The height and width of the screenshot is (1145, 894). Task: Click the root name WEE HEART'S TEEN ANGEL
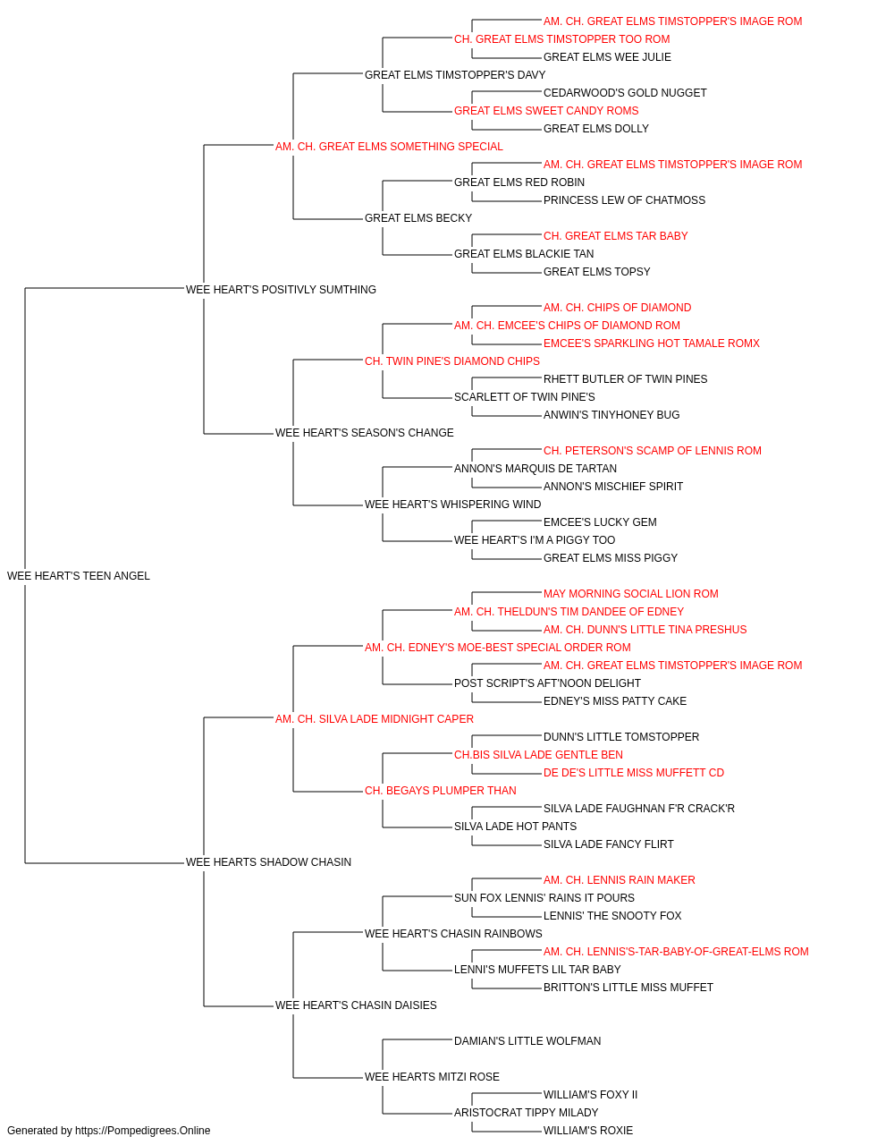(79, 576)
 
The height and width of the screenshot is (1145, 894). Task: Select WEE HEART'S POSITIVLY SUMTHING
(281, 290)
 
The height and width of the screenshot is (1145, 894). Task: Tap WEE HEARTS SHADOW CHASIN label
(268, 862)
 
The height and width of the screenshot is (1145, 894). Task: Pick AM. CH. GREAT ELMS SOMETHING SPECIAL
(389, 147)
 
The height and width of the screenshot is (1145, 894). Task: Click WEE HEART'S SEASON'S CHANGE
(365, 433)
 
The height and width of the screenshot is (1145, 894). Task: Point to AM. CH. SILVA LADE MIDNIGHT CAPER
(375, 719)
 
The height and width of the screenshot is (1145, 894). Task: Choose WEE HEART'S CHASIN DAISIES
(356, 1005)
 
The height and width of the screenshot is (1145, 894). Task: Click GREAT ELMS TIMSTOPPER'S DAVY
(455, 75)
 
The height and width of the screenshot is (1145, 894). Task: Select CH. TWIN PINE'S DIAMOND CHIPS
(452, 361)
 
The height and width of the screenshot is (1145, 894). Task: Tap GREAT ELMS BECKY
(418, 218)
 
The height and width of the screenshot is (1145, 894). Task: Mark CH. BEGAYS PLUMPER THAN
(440, 791)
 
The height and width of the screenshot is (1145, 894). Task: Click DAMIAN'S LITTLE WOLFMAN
(527, 1041)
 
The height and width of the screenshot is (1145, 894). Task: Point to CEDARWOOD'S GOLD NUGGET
(625, 93)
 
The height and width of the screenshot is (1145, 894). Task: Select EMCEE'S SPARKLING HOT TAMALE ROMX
(652, 343)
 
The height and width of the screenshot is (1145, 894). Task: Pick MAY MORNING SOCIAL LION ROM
(631, 594)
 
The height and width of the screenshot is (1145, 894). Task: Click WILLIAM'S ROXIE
(588, 1131)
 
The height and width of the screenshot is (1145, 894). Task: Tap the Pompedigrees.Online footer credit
(108, 1131)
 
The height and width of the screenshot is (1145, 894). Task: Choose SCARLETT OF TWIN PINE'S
(525, 397)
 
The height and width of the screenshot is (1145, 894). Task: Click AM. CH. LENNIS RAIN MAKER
(620, 880)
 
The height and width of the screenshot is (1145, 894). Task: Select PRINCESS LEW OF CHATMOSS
(624, 200)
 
